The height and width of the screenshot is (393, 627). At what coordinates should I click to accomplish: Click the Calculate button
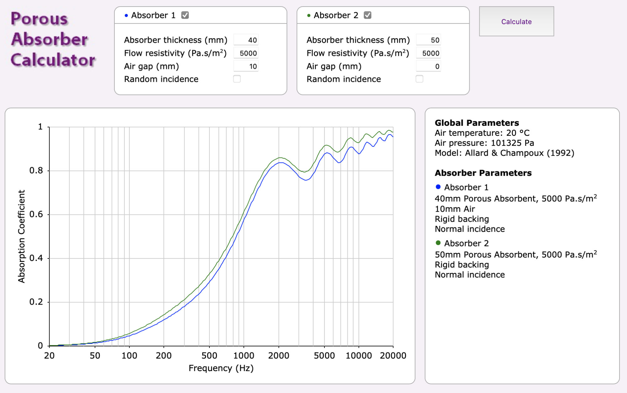(516, 21)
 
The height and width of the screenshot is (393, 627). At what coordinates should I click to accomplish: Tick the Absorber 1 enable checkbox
(185, 15)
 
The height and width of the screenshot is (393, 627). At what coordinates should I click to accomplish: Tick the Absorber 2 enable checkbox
(367, 15)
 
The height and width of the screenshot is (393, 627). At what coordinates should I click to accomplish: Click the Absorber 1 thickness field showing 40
(246, 40)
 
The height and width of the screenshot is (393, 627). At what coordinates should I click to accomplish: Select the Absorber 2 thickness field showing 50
(429, 40)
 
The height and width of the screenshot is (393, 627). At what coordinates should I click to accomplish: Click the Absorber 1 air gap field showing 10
(246, 66)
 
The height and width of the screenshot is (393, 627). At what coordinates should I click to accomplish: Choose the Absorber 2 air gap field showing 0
(429, 66)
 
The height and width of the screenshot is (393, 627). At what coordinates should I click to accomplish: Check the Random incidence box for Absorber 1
(237, 79)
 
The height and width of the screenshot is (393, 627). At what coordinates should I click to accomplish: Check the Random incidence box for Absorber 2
(419, 79)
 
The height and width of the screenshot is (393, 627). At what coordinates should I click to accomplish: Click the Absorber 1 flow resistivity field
(246, 53)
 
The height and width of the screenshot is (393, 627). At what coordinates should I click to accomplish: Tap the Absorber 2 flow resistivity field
(429, 53)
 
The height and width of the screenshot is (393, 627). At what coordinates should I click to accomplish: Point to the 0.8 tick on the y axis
(36, 171)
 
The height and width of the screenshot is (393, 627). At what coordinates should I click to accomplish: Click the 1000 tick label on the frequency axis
(244, 356)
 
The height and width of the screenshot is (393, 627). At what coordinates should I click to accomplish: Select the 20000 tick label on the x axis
(393, 356)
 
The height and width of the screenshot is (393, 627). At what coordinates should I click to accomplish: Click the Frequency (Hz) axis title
(221, 368)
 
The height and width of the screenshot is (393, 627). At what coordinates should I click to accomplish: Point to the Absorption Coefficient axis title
(21, 236)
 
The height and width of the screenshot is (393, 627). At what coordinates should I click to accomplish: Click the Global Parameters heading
(477, 123)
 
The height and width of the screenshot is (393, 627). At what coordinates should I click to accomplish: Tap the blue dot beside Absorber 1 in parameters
(438, 187)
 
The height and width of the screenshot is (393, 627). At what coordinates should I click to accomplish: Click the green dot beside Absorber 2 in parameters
(438, 243)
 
